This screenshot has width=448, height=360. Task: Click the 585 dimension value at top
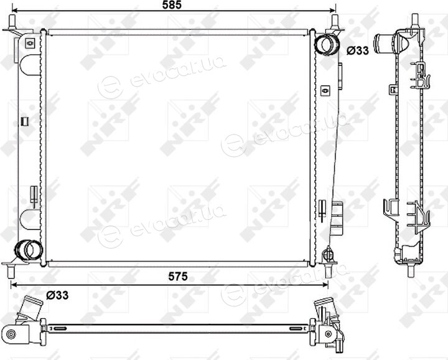coord(172,5)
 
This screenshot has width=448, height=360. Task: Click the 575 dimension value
coord(178,276)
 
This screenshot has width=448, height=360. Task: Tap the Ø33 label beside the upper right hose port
coord(358,50)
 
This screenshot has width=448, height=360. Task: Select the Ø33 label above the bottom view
coord(57,295)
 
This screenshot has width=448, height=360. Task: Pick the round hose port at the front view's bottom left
coord(28,250)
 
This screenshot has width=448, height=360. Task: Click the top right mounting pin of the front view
coord(335,22)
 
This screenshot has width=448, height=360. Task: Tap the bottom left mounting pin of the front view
coord(11,271)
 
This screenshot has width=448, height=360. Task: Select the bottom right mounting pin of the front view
coord(327,271)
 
